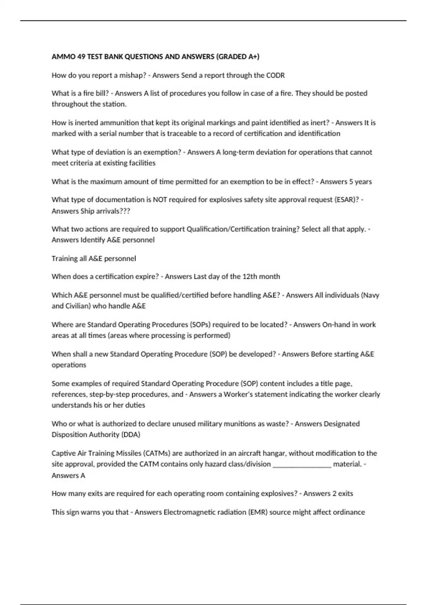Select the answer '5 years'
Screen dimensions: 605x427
[x=360, y=182]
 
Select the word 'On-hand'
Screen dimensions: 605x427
[x=335, y=325]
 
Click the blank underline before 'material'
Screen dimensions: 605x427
[x=302, y=464]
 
